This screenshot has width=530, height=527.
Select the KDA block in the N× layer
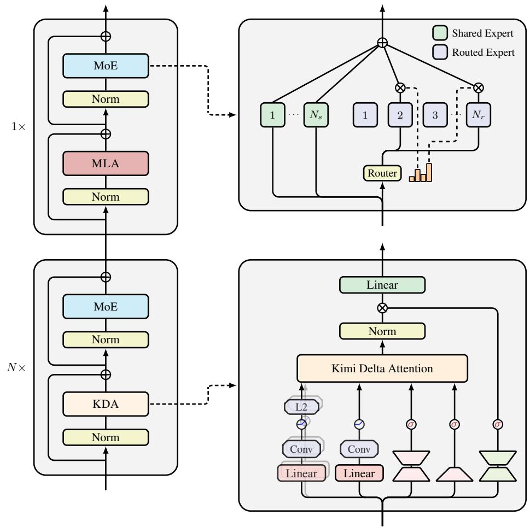point(106,405)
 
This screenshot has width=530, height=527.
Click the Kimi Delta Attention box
point(382,368)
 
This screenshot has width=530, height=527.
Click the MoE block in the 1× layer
point(106,66)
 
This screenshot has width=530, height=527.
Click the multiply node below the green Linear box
point(382,308)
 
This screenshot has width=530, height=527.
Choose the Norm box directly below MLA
point(106,196)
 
